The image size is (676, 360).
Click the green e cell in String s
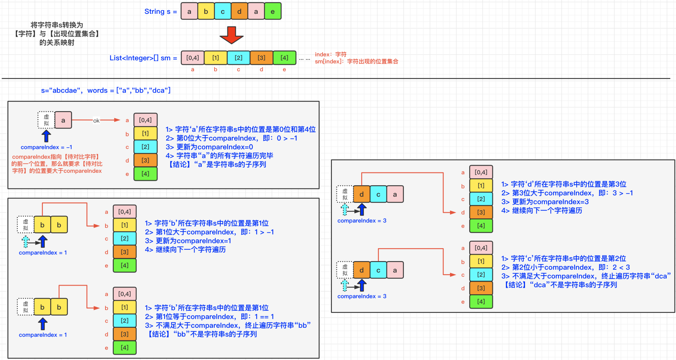[x=273, y=11]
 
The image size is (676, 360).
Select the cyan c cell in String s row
[x=223, y=11]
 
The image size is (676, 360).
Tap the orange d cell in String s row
[x=239, y=11]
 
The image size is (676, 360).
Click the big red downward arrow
[x=231, y=35]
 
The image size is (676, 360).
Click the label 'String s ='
[x=161, y=12]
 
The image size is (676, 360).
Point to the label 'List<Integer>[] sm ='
[x=143, y=58]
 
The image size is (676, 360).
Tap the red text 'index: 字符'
[x=331, y=54]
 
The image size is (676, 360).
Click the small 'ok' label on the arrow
[x=96, y=121]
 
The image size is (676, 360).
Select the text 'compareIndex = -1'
[x=46, y=147]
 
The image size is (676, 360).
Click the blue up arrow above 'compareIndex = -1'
[x=46, y=136]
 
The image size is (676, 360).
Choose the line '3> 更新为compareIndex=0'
[x=209, y=147]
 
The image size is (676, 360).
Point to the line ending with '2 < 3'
[x=565, y=267]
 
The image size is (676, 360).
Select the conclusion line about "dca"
[x=561, y=285]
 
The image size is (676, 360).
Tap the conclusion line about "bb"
[x=202, y=334]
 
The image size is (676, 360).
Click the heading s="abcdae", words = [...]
[x=106, y=91]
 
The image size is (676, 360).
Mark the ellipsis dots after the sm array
[x=304, y=59]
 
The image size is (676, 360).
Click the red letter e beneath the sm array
[x=284, y=70]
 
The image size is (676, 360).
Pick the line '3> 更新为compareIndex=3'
[x=545, y=202]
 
